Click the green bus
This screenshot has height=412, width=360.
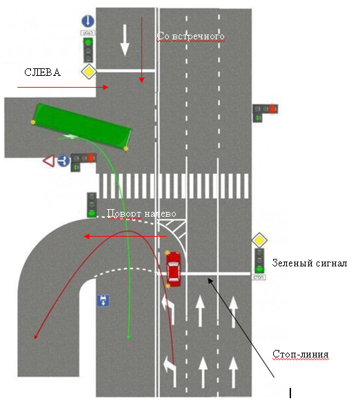(x=82, y=127)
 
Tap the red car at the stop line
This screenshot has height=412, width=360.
(x=173, y=269)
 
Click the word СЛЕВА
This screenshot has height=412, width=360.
(x=42, y=72)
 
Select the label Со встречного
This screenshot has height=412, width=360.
(x=190, y=37)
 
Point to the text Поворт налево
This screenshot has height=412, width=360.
(x=141, y=213)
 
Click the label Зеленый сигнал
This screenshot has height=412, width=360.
(x=310, y=263)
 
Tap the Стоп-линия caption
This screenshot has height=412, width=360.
(x=301, y=354)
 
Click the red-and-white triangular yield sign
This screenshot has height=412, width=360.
(x=49, y=160)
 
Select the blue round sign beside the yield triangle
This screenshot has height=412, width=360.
(x=63, y=160)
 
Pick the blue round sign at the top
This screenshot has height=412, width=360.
(x=88, y=21)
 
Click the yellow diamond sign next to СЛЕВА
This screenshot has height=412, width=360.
(x=89, y=72)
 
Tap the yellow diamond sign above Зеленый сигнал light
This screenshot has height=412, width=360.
(x=259, y=240)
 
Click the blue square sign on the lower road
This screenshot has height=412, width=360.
(x=103, y=301)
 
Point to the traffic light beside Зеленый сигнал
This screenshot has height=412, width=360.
(x=259, y=261)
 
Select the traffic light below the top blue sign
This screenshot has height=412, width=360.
(x=88, y=50)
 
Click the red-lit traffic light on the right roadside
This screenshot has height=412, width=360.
(x=265, y=112)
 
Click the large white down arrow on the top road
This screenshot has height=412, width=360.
(x=125, y=40)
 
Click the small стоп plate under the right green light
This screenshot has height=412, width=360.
(x=259, y=277)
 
